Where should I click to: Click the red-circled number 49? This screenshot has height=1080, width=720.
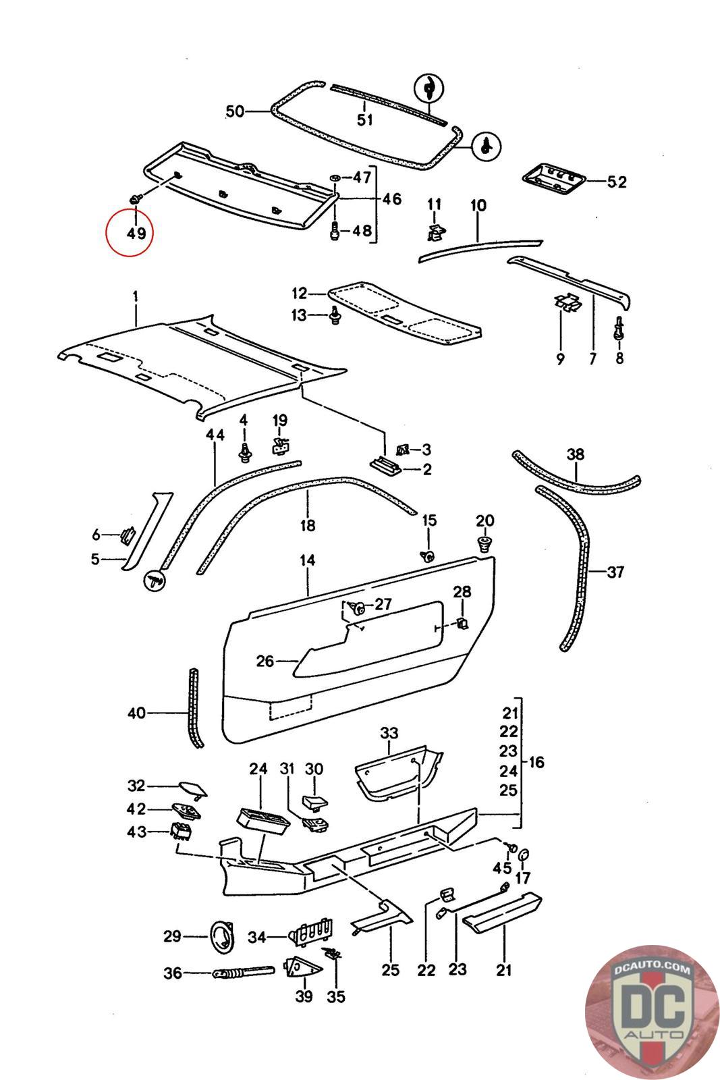136,234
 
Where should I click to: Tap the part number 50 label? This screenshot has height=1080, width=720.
236,111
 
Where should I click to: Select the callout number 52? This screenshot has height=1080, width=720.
616,182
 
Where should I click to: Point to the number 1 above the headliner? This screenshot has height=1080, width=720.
136,296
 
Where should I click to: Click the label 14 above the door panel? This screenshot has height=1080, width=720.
308,560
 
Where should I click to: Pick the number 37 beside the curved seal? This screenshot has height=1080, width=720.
615,572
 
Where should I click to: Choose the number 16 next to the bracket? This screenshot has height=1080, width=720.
536,762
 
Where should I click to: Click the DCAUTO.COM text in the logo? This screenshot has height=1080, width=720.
652,969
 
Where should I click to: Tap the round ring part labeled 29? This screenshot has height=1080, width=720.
223,938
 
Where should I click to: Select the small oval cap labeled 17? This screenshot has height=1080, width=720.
524,855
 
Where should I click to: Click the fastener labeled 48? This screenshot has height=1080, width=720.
335,231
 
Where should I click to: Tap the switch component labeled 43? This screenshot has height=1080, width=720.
181,830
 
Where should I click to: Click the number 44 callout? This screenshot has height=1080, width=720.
215,435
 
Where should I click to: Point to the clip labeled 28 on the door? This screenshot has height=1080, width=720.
462,622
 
